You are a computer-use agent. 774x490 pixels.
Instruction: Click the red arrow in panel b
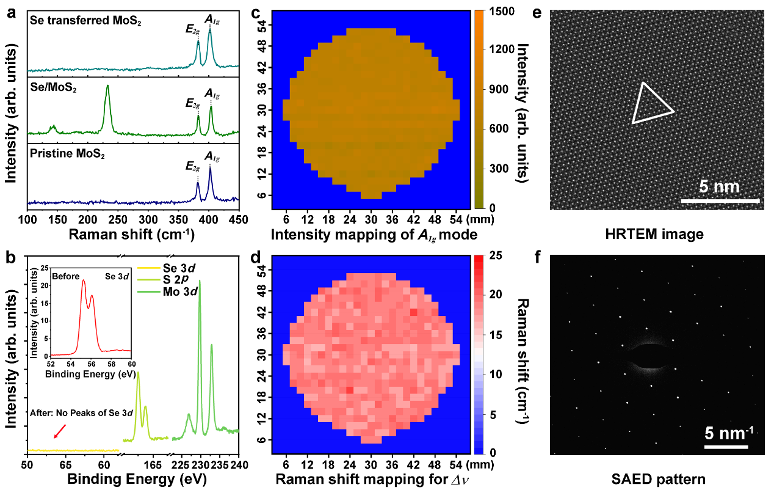point(59,431)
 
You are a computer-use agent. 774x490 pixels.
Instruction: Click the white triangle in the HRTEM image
point(651,105)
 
